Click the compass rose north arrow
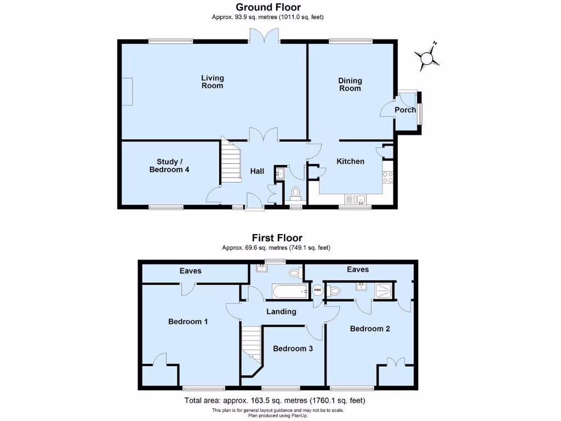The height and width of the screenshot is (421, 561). coord(428,57)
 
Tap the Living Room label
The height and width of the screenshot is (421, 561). coord(212,82)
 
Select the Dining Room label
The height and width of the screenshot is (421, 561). coord(350,84)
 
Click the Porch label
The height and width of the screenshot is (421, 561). coord(405,110)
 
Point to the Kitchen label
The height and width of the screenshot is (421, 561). coord(350,161)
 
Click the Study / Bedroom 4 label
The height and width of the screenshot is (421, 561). coord(169,166)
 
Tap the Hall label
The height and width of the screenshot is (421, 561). coord(257,171)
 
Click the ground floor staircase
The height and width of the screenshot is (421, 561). coord(231,163)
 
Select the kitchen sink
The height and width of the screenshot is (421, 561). coord(357,199)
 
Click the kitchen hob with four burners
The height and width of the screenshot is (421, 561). coord(388,177)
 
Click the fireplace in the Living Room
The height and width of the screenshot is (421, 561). coord(127,92)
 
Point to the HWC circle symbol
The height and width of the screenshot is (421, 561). coord(318,291)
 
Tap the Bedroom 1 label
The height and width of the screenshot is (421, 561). coord(188,322)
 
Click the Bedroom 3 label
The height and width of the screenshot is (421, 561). coord(293,349)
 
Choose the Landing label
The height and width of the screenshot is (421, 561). coord(281,311)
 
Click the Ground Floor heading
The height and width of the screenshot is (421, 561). coord(268,7)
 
